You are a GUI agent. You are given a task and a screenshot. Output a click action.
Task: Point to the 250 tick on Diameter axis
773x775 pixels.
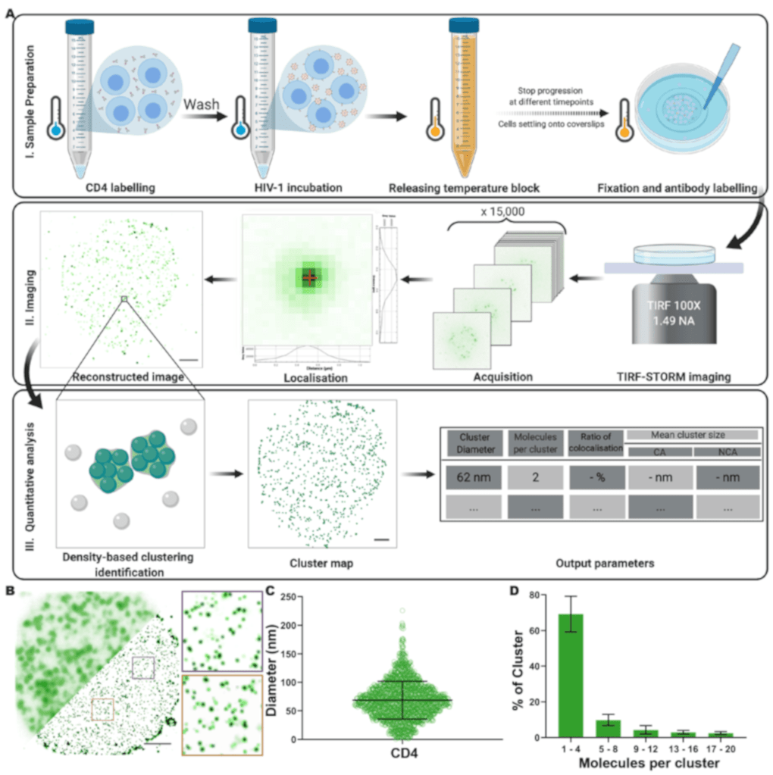(298, 598)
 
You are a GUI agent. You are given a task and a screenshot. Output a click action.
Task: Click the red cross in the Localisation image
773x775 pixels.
(308, 278)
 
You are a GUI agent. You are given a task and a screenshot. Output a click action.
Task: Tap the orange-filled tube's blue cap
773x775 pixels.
(463, 25)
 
